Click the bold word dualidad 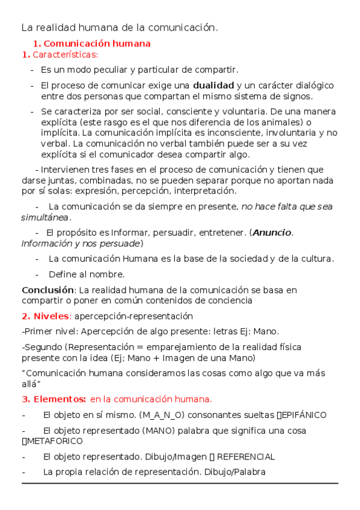point(213,85)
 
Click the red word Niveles point(51,316)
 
